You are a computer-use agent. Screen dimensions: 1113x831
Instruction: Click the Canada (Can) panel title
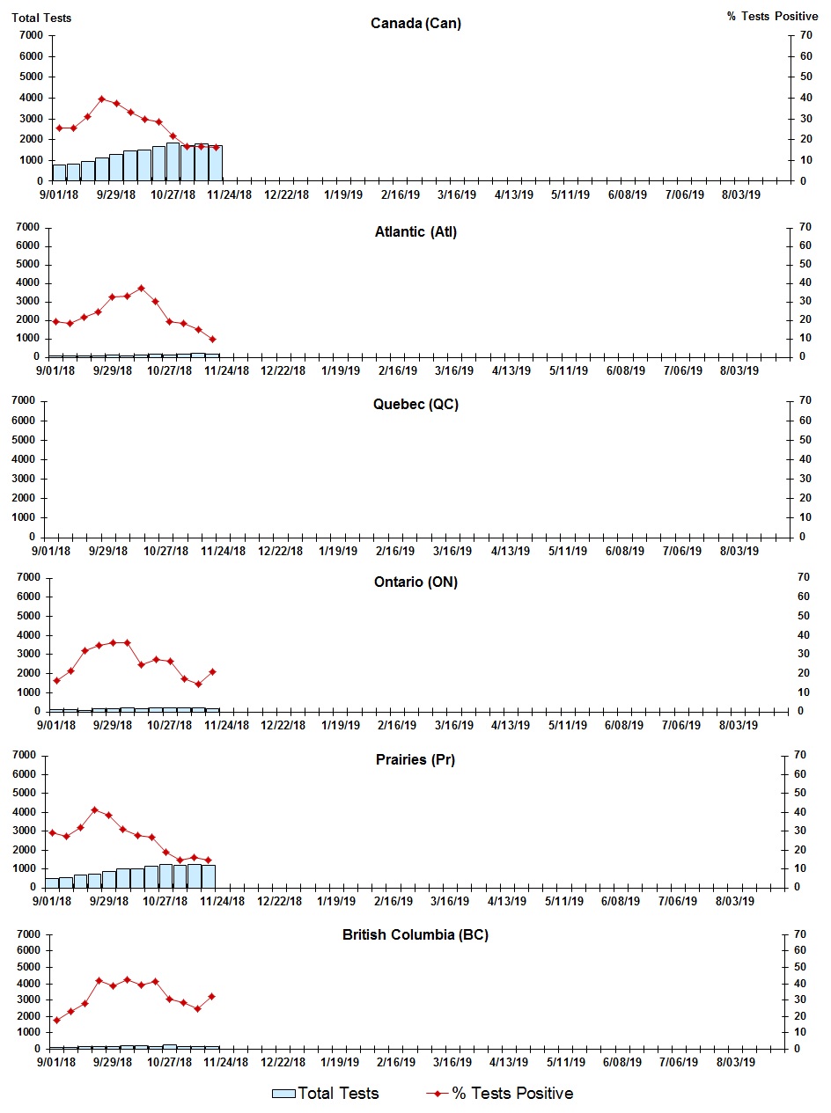(x=415, y=23)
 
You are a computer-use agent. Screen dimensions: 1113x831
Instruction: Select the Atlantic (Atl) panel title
(x=415, y=232)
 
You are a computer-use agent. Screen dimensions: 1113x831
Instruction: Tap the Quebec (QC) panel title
(x=415, y=405)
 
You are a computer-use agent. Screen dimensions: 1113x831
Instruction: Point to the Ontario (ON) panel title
(x=415, y=582)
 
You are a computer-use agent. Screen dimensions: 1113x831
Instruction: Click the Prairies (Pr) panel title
(x=415, y=760)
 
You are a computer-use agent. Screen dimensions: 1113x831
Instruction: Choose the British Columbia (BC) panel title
(x=415, y=934)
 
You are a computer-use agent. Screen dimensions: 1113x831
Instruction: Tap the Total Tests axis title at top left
(x=41, y=18)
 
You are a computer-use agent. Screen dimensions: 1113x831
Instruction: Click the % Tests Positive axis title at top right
(x=772, y=18)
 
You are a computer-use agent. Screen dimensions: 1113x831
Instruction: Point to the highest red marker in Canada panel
(x=102, y=99)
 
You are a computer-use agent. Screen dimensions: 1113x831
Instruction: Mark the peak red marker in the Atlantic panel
(x=141, y=288)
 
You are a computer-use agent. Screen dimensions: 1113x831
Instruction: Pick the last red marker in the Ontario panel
(x=212, y=671)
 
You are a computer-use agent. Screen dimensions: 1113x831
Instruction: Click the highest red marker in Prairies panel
(x=95, y=809)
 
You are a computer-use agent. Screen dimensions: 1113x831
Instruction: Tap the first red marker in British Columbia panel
(x=56, y=1020)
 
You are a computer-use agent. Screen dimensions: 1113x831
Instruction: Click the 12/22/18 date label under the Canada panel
(x=286, y=195)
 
